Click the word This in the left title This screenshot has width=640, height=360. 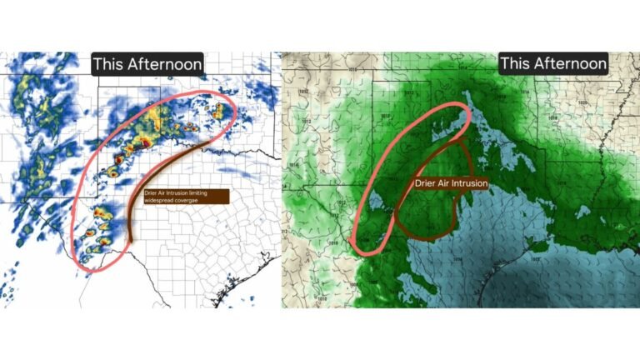coord(107,64)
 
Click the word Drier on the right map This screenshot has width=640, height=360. coord(427,182)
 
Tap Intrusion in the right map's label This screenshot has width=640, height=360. coord(472,182)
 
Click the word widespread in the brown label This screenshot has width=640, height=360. coord(159,201)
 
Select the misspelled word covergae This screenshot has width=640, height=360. coord(188,201)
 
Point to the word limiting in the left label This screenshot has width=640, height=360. coord(197,193)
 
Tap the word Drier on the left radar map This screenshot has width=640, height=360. coord(151,193)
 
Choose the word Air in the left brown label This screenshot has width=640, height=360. coord(162,193)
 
